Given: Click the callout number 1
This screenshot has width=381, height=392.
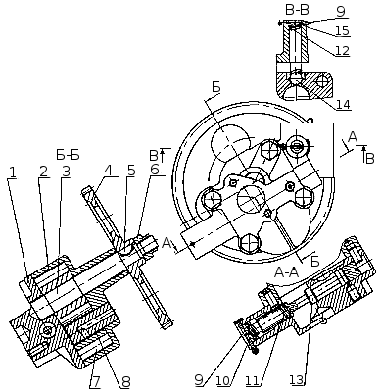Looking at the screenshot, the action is click(x=12, y=171).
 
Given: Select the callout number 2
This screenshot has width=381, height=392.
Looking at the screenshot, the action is click(x=43, y=171).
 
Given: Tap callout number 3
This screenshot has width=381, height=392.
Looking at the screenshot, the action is click(x=66, y=171).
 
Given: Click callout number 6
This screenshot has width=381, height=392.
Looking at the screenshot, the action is click(x=155, y=170).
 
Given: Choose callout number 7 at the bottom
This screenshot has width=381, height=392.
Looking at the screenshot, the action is click(x=94, y=381).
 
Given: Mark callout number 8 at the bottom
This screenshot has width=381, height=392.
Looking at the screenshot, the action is click(x=126, y=381).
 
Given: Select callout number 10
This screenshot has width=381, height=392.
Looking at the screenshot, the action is click(x=223, y=380).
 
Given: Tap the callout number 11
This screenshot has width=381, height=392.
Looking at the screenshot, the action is click(x=253, y=380).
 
